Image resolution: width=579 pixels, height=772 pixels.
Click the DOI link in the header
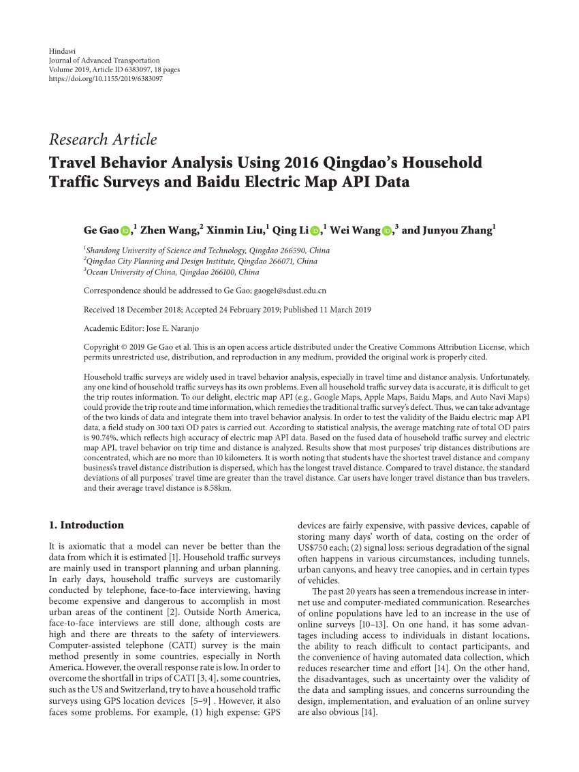(x=106, y=78)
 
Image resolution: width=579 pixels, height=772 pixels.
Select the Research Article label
(x=103, y=140)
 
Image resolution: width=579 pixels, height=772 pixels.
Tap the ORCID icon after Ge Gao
(x=125, y=231)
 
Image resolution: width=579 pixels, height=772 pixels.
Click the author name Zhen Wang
(x=170, y=230)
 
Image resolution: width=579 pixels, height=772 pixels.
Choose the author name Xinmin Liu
(x=236, y=230)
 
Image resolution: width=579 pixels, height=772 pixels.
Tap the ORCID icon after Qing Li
(x=314, y=231)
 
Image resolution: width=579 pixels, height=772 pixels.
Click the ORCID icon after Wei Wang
(x=386, y=231)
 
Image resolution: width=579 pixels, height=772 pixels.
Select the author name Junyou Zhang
(x=447, y=230)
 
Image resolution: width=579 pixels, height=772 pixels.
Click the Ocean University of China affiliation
(x=173, y=272)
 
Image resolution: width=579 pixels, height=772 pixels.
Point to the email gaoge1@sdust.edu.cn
(x=289, y=290)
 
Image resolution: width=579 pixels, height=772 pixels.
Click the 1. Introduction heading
(x=87, y=525)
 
